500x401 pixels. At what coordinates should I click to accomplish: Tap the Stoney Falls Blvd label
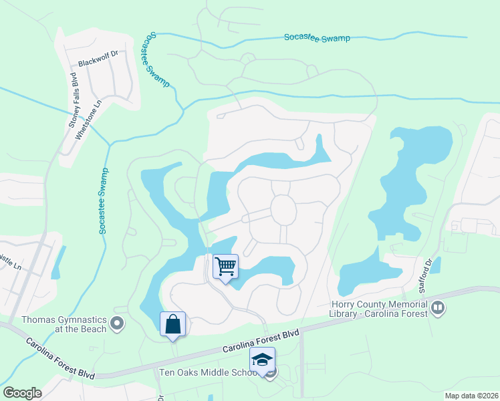pos(73,100)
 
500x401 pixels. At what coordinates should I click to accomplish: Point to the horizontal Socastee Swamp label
pos(317,38)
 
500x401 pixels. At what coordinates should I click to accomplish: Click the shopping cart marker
pos(226,267)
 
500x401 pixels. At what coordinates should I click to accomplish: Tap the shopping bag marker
pos(173,324)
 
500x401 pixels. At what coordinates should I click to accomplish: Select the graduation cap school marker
pos(263,360)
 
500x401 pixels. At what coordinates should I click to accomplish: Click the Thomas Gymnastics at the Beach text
pos(64,324)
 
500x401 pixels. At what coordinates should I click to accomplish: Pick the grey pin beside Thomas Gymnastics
pos(118,324)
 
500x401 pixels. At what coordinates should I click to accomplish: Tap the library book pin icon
pos(439,308)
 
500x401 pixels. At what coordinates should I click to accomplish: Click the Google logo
pos(22,392)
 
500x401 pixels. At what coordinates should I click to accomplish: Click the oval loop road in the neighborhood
pos(283,211)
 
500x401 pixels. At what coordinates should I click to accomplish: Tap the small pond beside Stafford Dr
pos(436,265)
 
